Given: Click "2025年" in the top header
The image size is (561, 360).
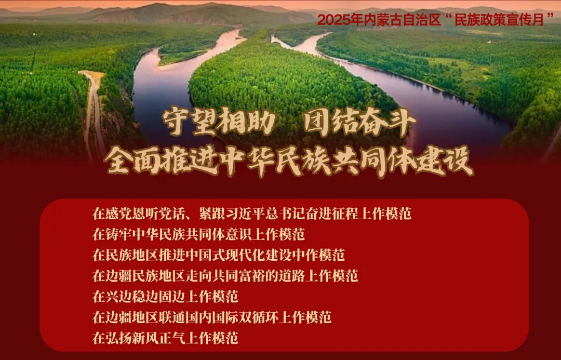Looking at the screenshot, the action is pos(340,20).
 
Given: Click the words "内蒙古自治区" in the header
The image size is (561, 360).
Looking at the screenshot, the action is pos(402,20).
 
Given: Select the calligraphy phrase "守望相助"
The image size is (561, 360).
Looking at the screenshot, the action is pos(219,122).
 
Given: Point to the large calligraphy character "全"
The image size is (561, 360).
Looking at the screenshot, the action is pos(118,161).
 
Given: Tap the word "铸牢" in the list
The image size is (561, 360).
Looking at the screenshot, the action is pos(119,234).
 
